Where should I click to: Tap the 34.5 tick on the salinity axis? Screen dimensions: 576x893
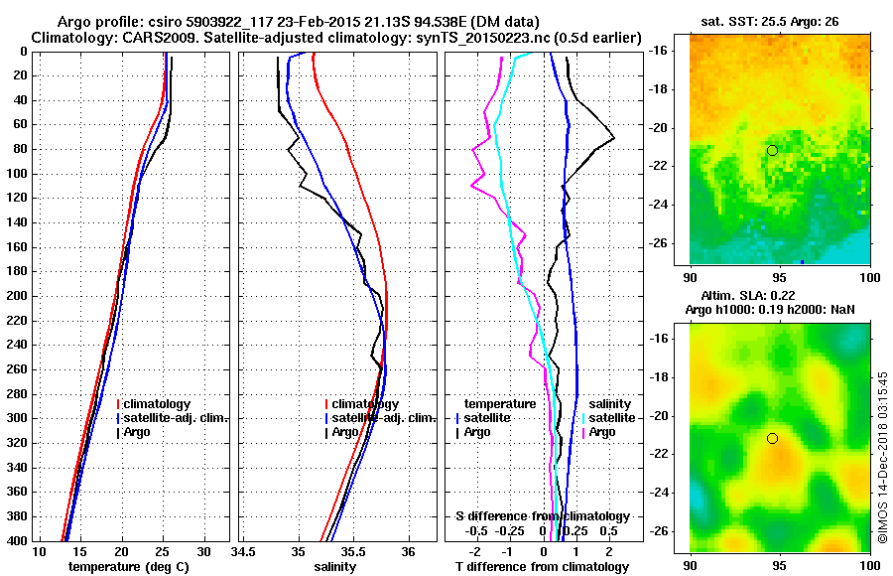(244, 552)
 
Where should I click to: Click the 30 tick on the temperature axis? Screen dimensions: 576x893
(203, 552)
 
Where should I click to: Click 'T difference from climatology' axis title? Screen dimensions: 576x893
(541, 567)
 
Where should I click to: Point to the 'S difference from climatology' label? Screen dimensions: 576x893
(542, 516)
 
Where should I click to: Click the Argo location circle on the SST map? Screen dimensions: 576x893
(772, 150)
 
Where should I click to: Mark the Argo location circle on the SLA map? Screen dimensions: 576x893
(772, 438)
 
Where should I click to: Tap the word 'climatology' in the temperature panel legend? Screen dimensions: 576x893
(158, 404)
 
